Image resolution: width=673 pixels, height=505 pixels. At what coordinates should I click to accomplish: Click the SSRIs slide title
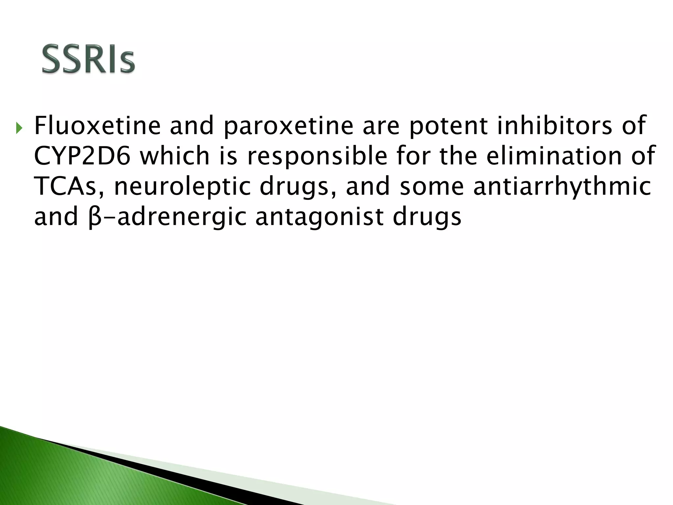[x=88, y=59]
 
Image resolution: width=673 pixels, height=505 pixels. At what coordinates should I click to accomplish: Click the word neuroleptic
[x=183, y=186]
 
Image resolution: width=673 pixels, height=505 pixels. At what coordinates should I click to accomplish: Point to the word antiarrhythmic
[x=562, y=186]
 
